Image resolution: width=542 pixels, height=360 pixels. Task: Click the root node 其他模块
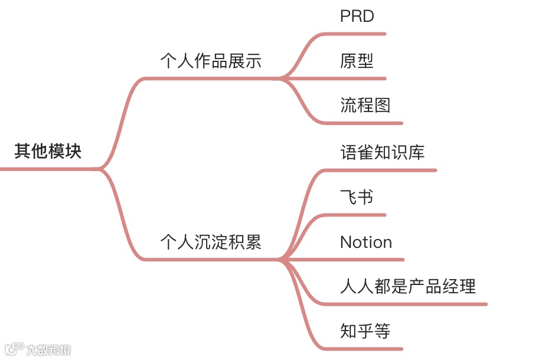click(x=48, y=152)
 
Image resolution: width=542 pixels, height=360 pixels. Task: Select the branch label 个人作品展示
click(x=211, y=61)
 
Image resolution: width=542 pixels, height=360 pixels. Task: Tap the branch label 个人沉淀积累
click(x=211, y=242)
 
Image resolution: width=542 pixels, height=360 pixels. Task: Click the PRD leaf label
click(x=357, y=16)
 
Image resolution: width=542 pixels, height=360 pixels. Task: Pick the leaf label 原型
click(x=357, y=61)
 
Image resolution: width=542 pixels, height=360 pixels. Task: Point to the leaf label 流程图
click(x=365, y=106)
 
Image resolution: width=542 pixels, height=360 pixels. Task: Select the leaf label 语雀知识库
click(x=382, y=152)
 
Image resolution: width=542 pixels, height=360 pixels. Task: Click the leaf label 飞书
click(x=357, y=197)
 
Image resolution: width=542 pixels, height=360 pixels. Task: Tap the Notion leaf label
click(x=366, y=242)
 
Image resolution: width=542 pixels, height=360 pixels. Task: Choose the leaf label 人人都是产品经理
click(x=408, y=287)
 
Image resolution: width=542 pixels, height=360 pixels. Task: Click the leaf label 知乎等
click(x=365, y=331)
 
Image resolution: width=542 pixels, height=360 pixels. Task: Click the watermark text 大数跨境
click(x=48, y=350)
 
